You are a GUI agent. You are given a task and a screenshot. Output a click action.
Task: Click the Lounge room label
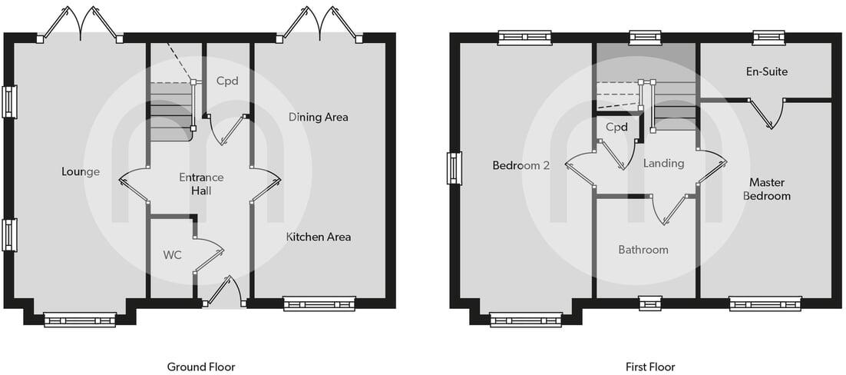coord(81,171)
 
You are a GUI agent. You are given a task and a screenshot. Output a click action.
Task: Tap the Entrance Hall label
coord(200,184)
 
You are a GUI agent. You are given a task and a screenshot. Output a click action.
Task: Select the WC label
coord(172,255)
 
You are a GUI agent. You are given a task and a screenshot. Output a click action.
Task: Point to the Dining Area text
coord(318,118)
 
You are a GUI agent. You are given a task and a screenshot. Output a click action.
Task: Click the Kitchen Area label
coord(318,237)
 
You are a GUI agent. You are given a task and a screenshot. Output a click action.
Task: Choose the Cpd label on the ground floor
coord(227,81)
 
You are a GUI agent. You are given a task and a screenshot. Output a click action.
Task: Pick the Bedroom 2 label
coord(520,165)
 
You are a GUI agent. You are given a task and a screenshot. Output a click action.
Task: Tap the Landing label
coord(663,163)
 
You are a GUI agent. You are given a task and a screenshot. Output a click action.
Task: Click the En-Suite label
coord(766,71)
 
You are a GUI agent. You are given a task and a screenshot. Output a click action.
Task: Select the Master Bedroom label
coord(769,189)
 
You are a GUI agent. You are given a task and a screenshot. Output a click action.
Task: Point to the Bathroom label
coord(643,250)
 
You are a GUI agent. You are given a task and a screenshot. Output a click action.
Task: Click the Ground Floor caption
coord(201,367)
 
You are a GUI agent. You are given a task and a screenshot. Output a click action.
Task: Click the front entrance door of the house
coord(223,293)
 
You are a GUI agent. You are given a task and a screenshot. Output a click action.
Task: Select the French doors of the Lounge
coord(80,23)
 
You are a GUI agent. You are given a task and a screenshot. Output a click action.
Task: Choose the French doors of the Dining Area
coord(321,23)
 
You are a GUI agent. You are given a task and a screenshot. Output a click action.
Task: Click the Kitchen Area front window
coord(319,304)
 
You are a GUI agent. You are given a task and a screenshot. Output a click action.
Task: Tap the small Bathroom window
coord(649,304)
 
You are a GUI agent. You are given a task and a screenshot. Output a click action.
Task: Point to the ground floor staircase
coord(170,111)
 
